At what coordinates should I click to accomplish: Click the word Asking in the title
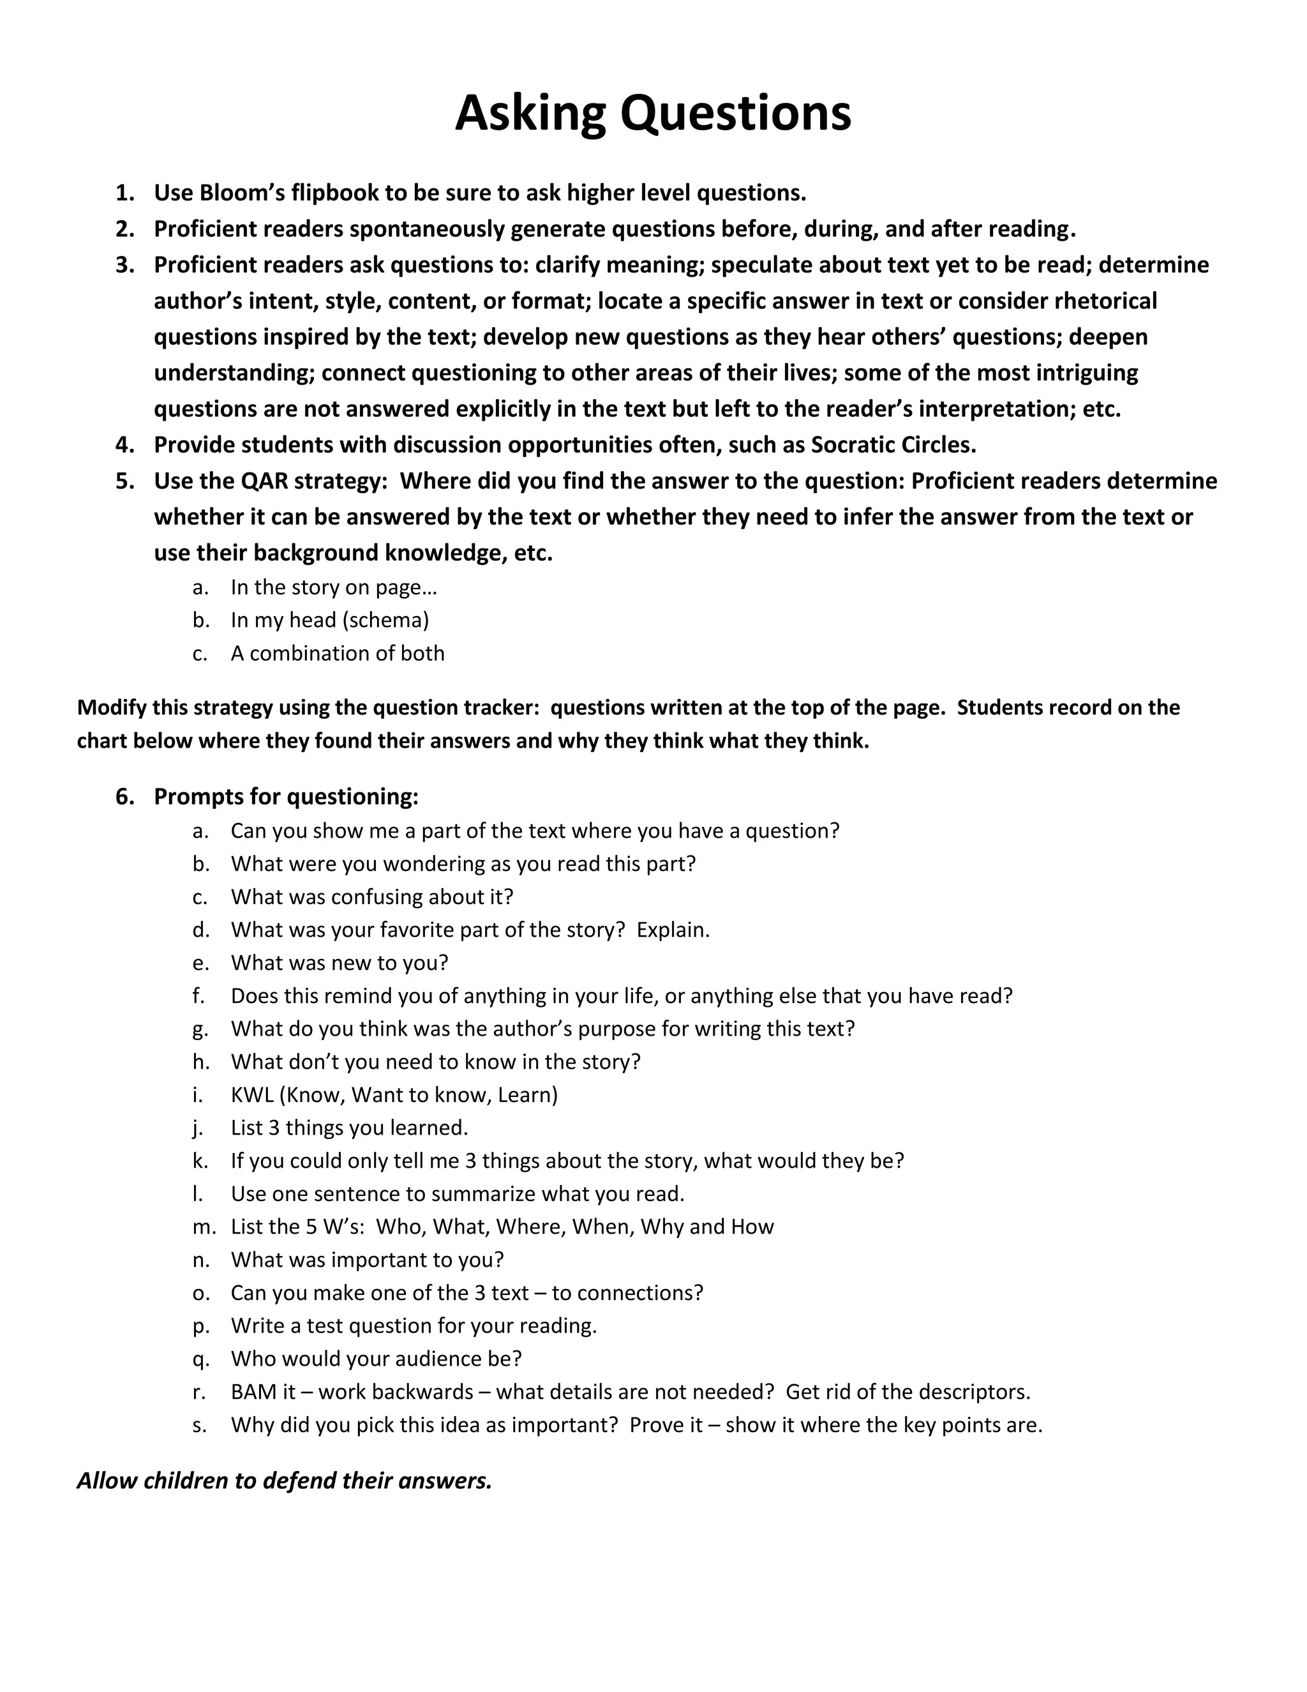click(530, 113)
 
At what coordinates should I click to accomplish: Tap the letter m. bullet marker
click(203, 1227)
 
